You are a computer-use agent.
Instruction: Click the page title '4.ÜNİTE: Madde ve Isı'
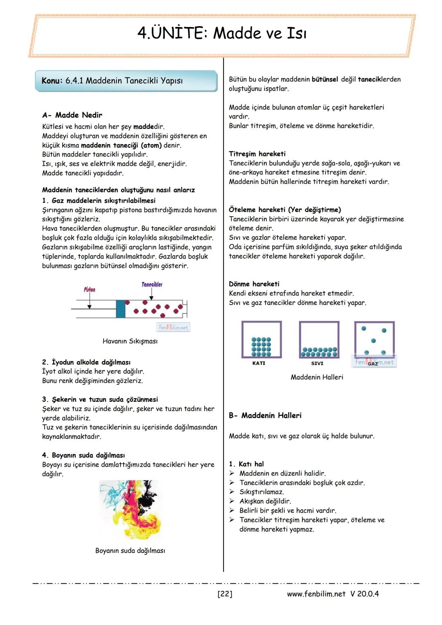221,33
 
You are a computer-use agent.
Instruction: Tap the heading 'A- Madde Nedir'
72,115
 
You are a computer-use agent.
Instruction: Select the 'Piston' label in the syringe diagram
89,289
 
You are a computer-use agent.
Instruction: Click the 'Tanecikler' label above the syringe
152,284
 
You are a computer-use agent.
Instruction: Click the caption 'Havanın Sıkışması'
130,341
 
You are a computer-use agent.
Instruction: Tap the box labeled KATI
262,340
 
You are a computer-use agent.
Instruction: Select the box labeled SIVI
319,340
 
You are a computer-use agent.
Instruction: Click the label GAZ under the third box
373,363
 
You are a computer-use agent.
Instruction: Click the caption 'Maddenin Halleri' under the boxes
317,377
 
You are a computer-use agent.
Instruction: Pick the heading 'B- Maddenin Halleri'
265,415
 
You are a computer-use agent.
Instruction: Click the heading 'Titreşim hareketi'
257,154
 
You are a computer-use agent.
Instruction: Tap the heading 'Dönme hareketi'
254,284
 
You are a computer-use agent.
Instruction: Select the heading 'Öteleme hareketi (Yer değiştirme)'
284,210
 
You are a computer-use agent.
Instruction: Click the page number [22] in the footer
225,594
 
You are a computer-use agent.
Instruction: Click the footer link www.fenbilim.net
316,594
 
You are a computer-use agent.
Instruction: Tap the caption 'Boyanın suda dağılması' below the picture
130,551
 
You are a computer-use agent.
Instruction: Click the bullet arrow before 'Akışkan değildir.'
232,501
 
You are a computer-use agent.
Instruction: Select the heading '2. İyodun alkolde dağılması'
86,362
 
